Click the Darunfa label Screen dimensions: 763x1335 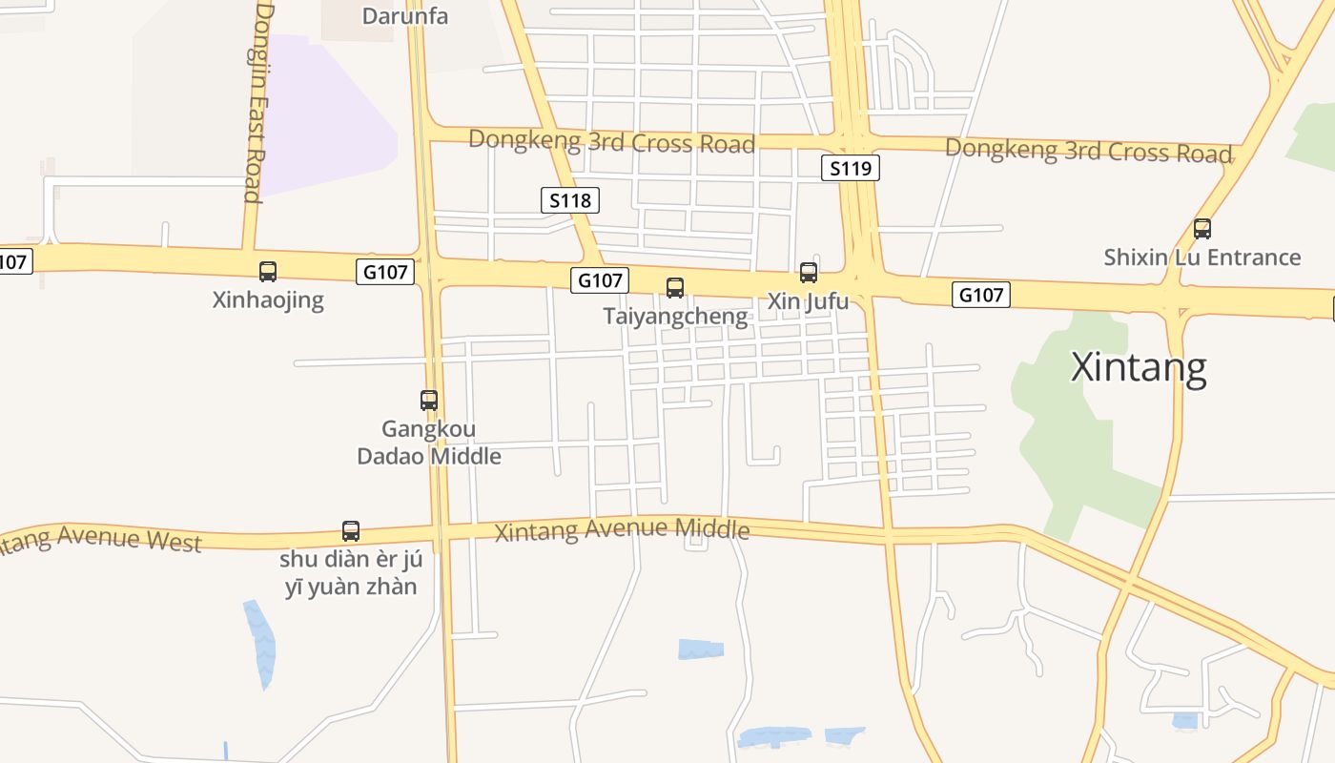[x=405, y=15]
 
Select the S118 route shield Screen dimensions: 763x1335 [x=571, y=200]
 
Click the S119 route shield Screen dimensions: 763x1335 [x=850, y=169]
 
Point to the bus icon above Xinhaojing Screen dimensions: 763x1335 [x=268, y=272]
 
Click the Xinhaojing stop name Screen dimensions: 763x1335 [x=268, y=300]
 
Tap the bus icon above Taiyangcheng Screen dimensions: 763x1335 [x=675, y=287]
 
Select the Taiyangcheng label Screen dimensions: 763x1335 [x=675, y=316]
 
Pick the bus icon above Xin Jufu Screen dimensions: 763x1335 [x=809, y=273]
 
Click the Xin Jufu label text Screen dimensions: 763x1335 [x=809, y=301]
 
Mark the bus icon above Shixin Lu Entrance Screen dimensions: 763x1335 [x=1202, y=229]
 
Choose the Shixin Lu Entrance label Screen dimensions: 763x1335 [x=1202, y=258]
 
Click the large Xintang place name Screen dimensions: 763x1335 [x=1139, y=367]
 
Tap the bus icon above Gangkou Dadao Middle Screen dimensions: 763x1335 [x=429, y=401]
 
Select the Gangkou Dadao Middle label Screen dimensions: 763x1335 [x=429, y=443]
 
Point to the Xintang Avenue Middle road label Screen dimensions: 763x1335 [x=622, y=529]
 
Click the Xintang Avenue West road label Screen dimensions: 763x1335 [x=100, y=539]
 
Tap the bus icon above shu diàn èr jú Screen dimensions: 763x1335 [x=351, y=531]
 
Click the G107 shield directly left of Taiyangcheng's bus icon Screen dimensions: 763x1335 [x=601, y=280]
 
